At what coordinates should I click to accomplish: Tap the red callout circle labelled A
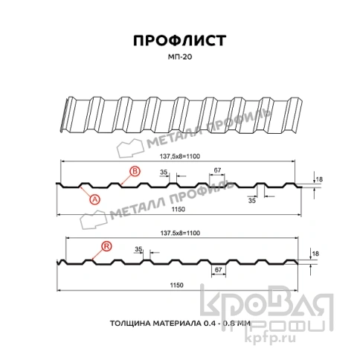click(x=94, y=198)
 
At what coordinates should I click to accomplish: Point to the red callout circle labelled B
click(x=135, y=173)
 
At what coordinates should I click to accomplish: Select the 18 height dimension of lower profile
click(x=315, y=254)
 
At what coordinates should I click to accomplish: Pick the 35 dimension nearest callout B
click(x=163, y=172)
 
